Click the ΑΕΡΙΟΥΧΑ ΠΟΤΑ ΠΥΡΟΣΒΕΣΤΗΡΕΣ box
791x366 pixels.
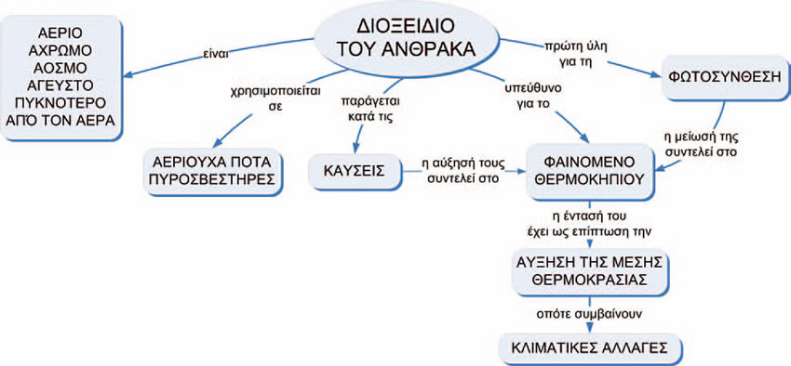(212, 167)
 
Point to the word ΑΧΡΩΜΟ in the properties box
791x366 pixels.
(65, 50)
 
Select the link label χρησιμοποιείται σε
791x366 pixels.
(256, 98)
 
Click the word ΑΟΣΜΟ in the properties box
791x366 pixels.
(65, 68)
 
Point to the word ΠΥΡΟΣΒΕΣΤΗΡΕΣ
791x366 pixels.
(212, 177)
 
